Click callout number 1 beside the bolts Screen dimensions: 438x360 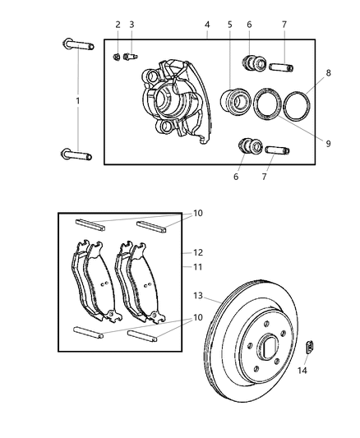[79, 100]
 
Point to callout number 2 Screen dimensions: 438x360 [118, 25]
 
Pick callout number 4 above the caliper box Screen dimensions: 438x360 [207, 25]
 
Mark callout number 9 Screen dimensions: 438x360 [327, 144]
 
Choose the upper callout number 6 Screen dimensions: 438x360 [249, 25]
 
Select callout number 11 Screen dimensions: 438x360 [197, 267]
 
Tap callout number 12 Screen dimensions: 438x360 [197, 253]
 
